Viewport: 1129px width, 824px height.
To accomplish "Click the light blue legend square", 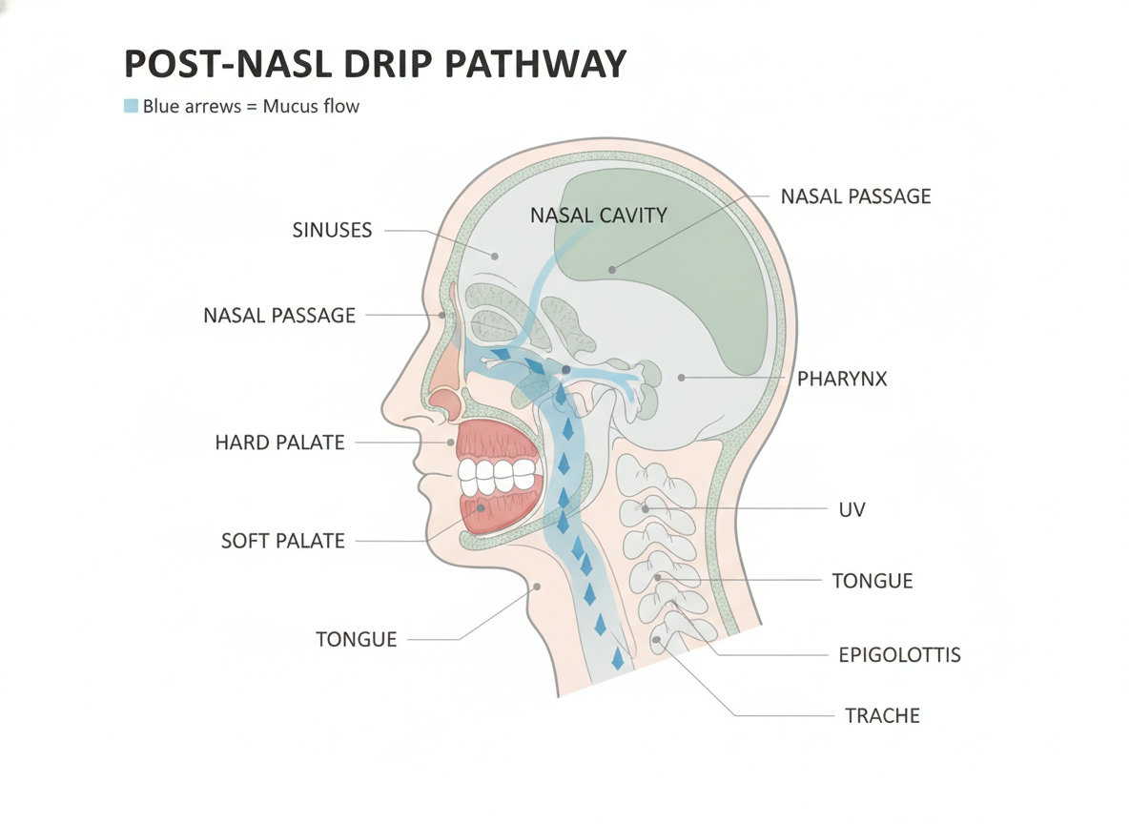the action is pyautogui.click(x=131, y=106).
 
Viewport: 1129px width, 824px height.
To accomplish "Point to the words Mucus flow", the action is pyautogui.click(x=311, y=106).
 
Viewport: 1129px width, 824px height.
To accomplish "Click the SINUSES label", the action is pyautogui.click(x=332, y=230).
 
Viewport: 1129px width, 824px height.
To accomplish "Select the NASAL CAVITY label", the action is pyautogui.click(x=598, y=215).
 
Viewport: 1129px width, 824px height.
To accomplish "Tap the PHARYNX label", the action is pyautogui.click(x=842, y=379).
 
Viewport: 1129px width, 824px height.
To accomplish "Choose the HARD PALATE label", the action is pyautogui.click(x=280, y=443).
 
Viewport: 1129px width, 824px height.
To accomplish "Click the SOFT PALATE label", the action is pyautogui.click(x=283, y=541).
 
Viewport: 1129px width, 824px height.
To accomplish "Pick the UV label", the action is pyautogui.click(x=852, y=509).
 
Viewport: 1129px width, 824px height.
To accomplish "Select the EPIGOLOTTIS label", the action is pyautogui.click(x=899, y=655).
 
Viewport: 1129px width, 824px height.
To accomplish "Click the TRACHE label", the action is pyautogui.click(x=882, y=715).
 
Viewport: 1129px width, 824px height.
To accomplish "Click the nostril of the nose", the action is pyautogui.click(x=446, y=404).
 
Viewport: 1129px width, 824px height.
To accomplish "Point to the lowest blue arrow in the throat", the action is pyautogui.click(x=617, y=658).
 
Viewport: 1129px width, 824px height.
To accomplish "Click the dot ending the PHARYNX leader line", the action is pyautogui.click(x=681, y=378).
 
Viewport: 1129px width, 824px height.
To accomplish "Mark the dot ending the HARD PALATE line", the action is pyautogui.click(x=451, y=443).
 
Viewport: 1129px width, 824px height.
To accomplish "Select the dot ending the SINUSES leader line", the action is pyautogui.click(x=495, y=257).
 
